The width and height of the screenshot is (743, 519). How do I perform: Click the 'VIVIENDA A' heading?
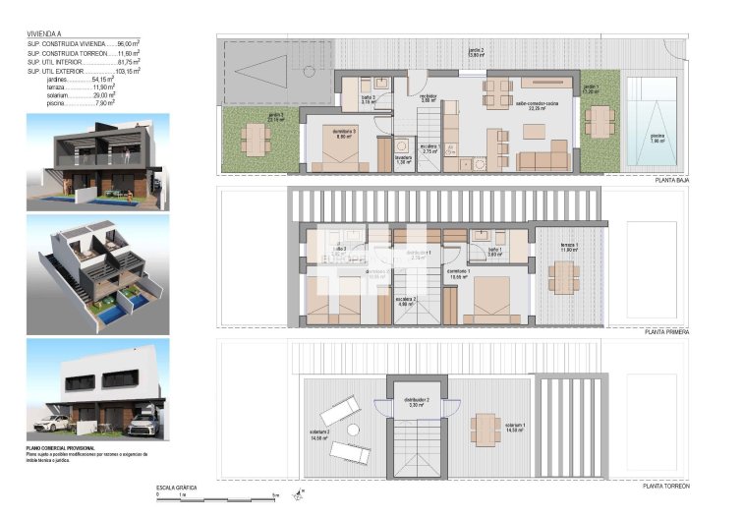[x=45, y=34]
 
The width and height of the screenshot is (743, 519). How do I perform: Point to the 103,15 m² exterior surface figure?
[x=127, y=73]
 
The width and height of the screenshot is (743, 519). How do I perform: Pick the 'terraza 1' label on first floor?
[x=569, y=246]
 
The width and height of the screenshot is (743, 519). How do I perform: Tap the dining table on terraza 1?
[x=564, y=278]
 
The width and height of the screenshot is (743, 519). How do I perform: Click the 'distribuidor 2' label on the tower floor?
[x=417, y=400]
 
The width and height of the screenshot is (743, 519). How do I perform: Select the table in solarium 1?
[x=486, y=427]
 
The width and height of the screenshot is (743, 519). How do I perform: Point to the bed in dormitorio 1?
[x=485, y=300]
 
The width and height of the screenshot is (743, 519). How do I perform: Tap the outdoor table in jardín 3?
[x=255, y=143]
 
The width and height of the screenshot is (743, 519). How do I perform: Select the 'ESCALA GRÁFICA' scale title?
[x=177, y=487]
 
